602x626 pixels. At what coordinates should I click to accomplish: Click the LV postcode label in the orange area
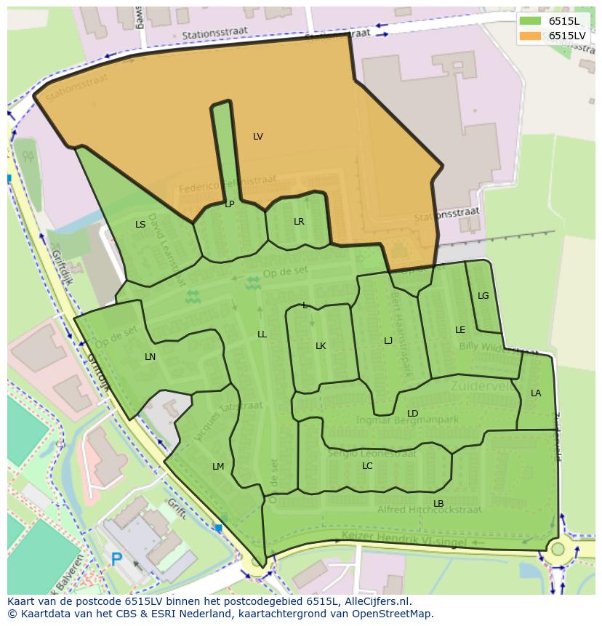(257, 137)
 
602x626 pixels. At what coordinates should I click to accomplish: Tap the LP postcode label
(229, 204)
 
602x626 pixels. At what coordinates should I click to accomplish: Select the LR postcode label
(298, 222)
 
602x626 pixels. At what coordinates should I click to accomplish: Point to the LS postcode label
(140, 225)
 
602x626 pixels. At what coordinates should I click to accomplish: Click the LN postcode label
(150, 357)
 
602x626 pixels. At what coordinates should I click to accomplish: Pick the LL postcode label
(262, 334)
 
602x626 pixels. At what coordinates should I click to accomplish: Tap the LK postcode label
(320, 346)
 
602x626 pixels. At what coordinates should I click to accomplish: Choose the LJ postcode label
(388, 341)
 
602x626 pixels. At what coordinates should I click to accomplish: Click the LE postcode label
(459, 330)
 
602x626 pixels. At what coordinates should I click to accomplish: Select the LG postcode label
(483, 296)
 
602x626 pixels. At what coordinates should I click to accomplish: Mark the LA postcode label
(535, 393)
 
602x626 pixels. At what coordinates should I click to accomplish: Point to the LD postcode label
(412, 414)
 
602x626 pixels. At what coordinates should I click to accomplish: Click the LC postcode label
(367, 466)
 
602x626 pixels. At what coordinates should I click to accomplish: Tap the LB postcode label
(438, 504)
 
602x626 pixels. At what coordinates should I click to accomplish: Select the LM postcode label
(218, 467)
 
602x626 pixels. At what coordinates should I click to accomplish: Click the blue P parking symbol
(116, 559)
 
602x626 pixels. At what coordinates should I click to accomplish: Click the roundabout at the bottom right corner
(558, 549)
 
